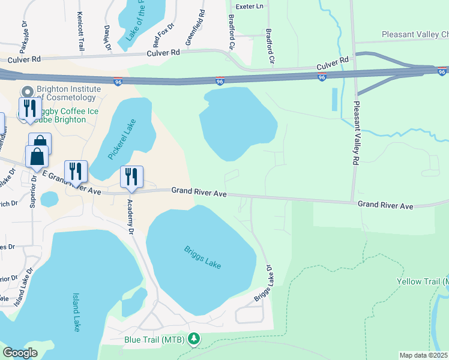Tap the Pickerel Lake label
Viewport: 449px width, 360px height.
click(x=124, y=140)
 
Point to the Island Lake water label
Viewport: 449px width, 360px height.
click(x=76, y=312)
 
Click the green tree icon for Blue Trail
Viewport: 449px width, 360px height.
click(x=194, y=340)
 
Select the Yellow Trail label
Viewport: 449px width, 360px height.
click(x=423, y=281)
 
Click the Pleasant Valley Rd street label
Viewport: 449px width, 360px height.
click(x=355, y=132)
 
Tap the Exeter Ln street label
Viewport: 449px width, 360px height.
click(x=250, y=6)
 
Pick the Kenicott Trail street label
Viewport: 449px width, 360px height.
click(x=80, y=31)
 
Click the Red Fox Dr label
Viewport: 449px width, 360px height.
click(x=163, y=36)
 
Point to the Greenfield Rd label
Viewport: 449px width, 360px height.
click(x=196, y=28)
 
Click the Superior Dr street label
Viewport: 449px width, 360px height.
click(x=34, y=191)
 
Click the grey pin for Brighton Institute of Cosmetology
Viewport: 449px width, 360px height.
click(x=26, y=92)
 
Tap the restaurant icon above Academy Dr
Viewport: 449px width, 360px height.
click(x=131, y=177)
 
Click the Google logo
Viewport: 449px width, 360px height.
click(x=20, y=353)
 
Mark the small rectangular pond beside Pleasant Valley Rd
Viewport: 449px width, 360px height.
click(x=334, y=99)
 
